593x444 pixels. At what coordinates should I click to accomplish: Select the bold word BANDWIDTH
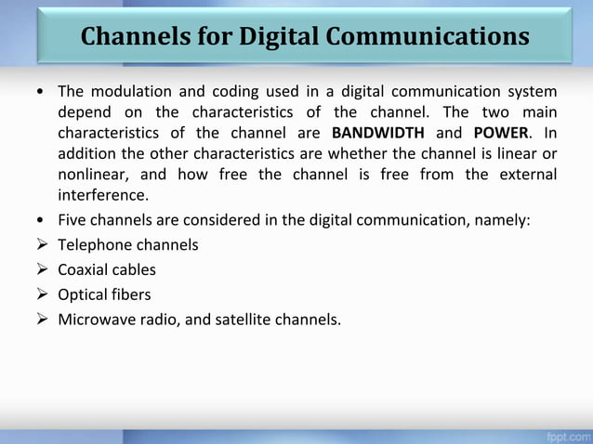[377, 133]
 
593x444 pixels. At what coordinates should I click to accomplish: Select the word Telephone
[95, 245]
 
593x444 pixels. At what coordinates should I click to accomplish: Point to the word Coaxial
[84, 270]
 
